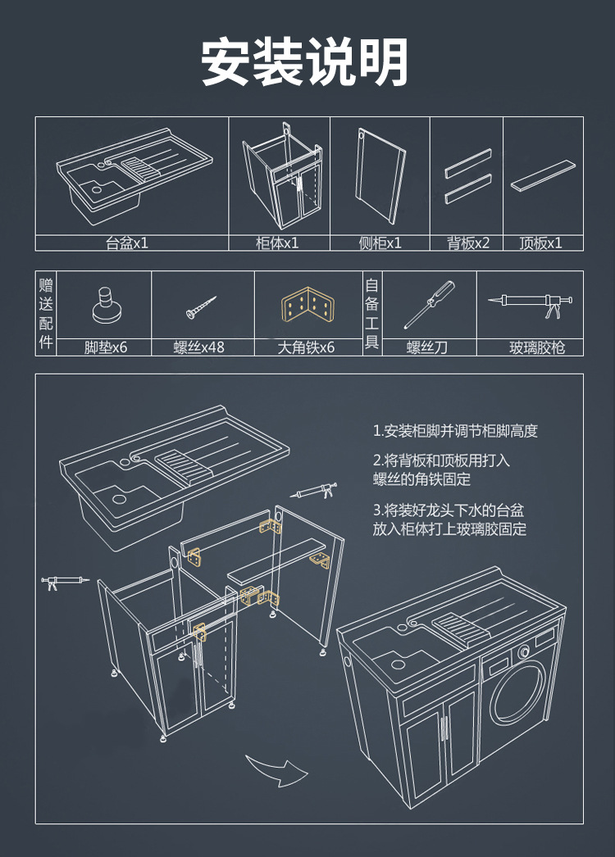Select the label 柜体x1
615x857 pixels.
277,243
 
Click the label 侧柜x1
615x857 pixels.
380,243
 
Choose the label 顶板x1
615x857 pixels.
541,243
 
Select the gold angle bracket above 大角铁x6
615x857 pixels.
307,307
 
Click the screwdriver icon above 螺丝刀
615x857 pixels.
428,303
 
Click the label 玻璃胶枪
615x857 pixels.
537,347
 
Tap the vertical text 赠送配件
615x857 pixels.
46,313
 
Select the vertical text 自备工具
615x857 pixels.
372,313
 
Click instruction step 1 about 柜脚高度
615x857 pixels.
455,431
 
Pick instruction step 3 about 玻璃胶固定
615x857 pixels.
449,519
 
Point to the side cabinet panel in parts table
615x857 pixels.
379,176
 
